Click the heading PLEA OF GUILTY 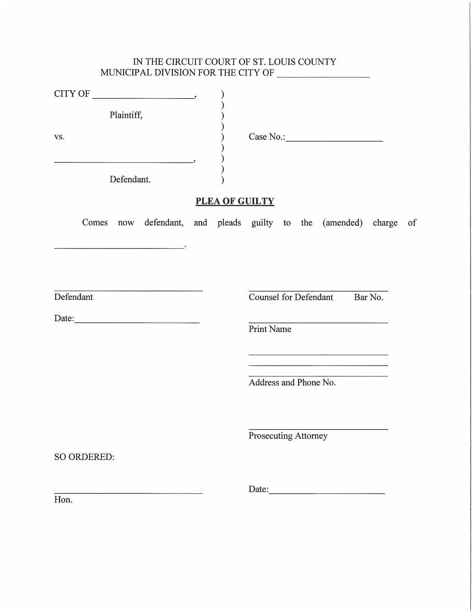235,201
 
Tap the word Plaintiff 126,115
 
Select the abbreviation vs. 59,137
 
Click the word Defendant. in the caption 130,179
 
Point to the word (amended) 342,223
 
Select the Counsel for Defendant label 291,297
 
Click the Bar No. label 368,297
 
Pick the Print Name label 270,329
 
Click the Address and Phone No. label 292,383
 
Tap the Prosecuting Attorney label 288,436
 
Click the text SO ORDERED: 84,457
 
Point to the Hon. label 63,500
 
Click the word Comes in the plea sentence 95,223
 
